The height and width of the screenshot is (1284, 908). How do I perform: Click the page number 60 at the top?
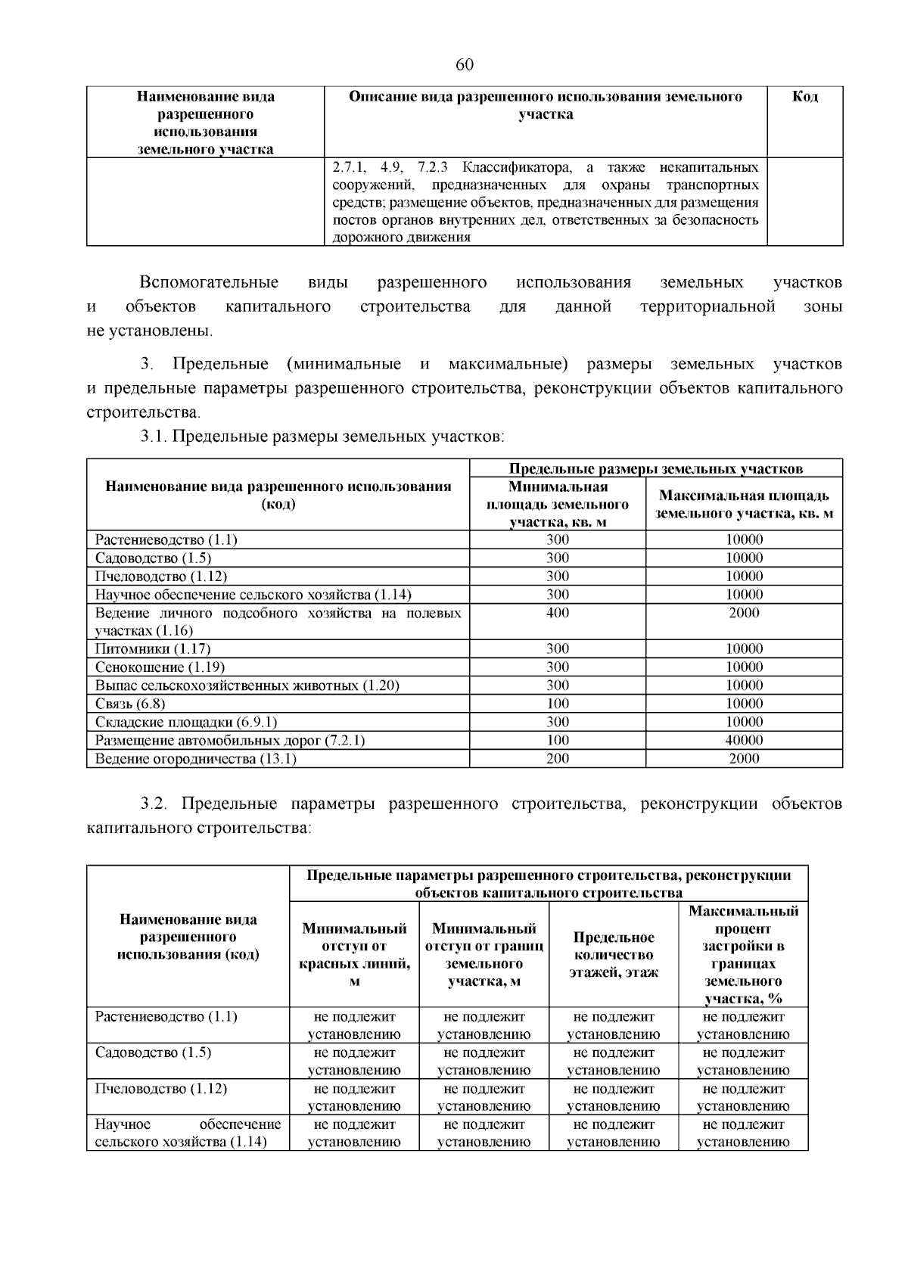click(x=465, y=65)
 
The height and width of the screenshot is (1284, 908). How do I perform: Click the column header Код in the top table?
click(x=804, y=97)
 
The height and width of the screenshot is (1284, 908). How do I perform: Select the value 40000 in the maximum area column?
click(x=744, y=740)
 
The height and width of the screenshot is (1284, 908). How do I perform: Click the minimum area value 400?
click(x=558, y=613)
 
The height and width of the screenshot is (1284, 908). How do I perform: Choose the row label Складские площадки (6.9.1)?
click(x=186, y=722)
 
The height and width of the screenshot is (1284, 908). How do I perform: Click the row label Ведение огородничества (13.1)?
click(x=195, y=758)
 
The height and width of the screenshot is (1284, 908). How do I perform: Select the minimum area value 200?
click(x=558, y=758)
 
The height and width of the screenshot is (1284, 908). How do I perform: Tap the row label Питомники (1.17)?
click(x=153, y=649)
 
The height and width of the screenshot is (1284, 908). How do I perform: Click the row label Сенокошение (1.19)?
click(x=160, y=667)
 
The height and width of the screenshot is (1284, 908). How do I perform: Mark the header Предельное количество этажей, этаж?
click(x=613, y=955)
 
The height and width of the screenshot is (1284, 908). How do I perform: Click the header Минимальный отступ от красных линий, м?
click(x=354, y=955)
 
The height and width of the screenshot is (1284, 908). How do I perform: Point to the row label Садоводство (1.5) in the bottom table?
click(x=153, y=1052)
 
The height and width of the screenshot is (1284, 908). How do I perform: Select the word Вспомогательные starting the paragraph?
click(x=209, y=283)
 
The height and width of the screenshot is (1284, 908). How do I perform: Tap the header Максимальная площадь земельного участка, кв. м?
click(x=744, y=505)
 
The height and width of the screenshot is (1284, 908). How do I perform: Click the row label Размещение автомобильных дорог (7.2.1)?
click(x=230, y=740)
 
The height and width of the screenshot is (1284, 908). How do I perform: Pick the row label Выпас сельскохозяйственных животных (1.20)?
click(x=247, y=686)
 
